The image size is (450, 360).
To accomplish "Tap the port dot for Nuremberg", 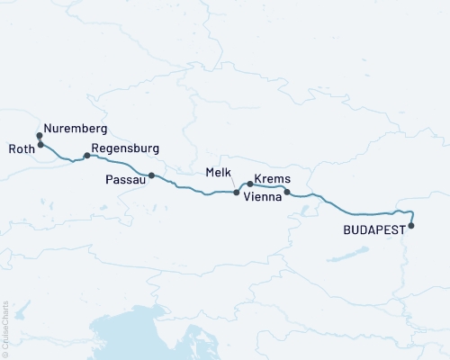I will [x=40, y=136].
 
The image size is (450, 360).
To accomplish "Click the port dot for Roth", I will [x=40, y=144].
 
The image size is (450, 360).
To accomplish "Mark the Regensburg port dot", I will [x=86, y=156].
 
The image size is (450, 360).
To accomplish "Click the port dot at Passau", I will [x=151, y=175].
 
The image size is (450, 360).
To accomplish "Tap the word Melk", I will [x=220, y=171].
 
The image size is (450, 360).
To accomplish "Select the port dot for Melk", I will [x=237, y=193].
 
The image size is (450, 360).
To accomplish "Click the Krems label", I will [x=272, y=179].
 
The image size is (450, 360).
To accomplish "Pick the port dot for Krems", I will [x=249, y=184].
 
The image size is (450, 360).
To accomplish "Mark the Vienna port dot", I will [x=287, y=192].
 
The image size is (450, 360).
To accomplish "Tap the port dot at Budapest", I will [x=411, y=226].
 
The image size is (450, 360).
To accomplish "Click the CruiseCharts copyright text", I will [x=5, y=328].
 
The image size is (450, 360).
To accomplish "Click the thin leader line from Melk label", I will [x=231, y=183].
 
